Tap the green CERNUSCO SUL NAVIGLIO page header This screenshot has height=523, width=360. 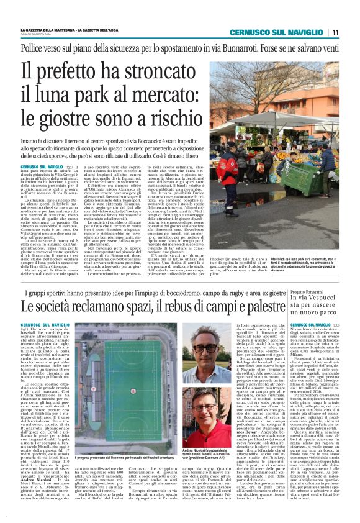click(x=279, y=32)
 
